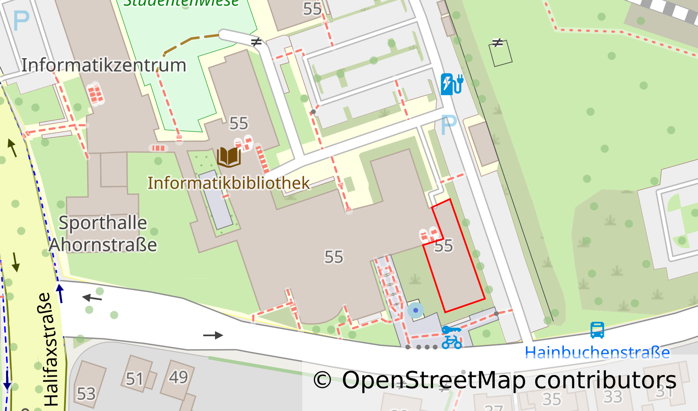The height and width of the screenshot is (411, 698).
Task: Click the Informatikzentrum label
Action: click(x=104, y=65)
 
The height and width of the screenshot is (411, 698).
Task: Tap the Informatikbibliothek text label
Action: click(x=228, y=183)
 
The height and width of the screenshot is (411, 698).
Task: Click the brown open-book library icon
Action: click(x=229, y=157)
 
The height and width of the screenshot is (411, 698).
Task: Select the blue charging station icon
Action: click(x=451, y=84)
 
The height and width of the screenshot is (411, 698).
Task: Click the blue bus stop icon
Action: click(x=597, y=330)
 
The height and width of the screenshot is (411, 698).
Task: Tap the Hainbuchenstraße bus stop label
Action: click(x=597, y=353)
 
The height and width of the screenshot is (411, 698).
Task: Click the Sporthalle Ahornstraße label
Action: click(x=103, y=234)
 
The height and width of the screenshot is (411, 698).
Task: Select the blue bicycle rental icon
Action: click(x=452, y=337)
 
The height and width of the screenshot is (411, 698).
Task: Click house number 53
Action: click(x=86, y=394)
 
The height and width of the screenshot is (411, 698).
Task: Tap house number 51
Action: click(x=135, y=379)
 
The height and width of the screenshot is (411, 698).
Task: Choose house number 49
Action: click(x=179, y=377)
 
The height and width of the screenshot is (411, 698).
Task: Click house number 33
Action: click(x=612, y=397)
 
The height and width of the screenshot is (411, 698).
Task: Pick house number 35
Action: click(x=551, y=399)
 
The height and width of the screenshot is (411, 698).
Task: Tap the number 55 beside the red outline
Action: click(x=444, y=246)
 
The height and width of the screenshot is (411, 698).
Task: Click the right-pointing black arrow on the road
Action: click(x=213, y=335)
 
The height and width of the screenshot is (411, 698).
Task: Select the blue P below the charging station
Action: click(x=449, y=125)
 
